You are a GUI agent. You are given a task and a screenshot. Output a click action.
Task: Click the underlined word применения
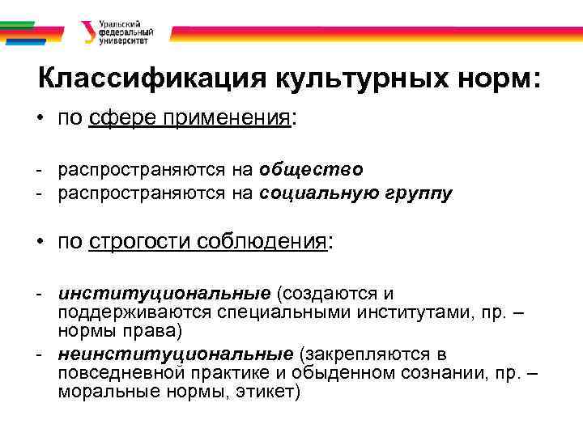(x=227, y=120)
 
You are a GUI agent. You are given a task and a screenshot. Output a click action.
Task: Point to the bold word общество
(x=312, y=170)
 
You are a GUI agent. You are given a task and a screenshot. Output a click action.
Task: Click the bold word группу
(x=423, y=193)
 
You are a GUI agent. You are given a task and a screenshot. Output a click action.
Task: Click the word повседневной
(x=121, y=374)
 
